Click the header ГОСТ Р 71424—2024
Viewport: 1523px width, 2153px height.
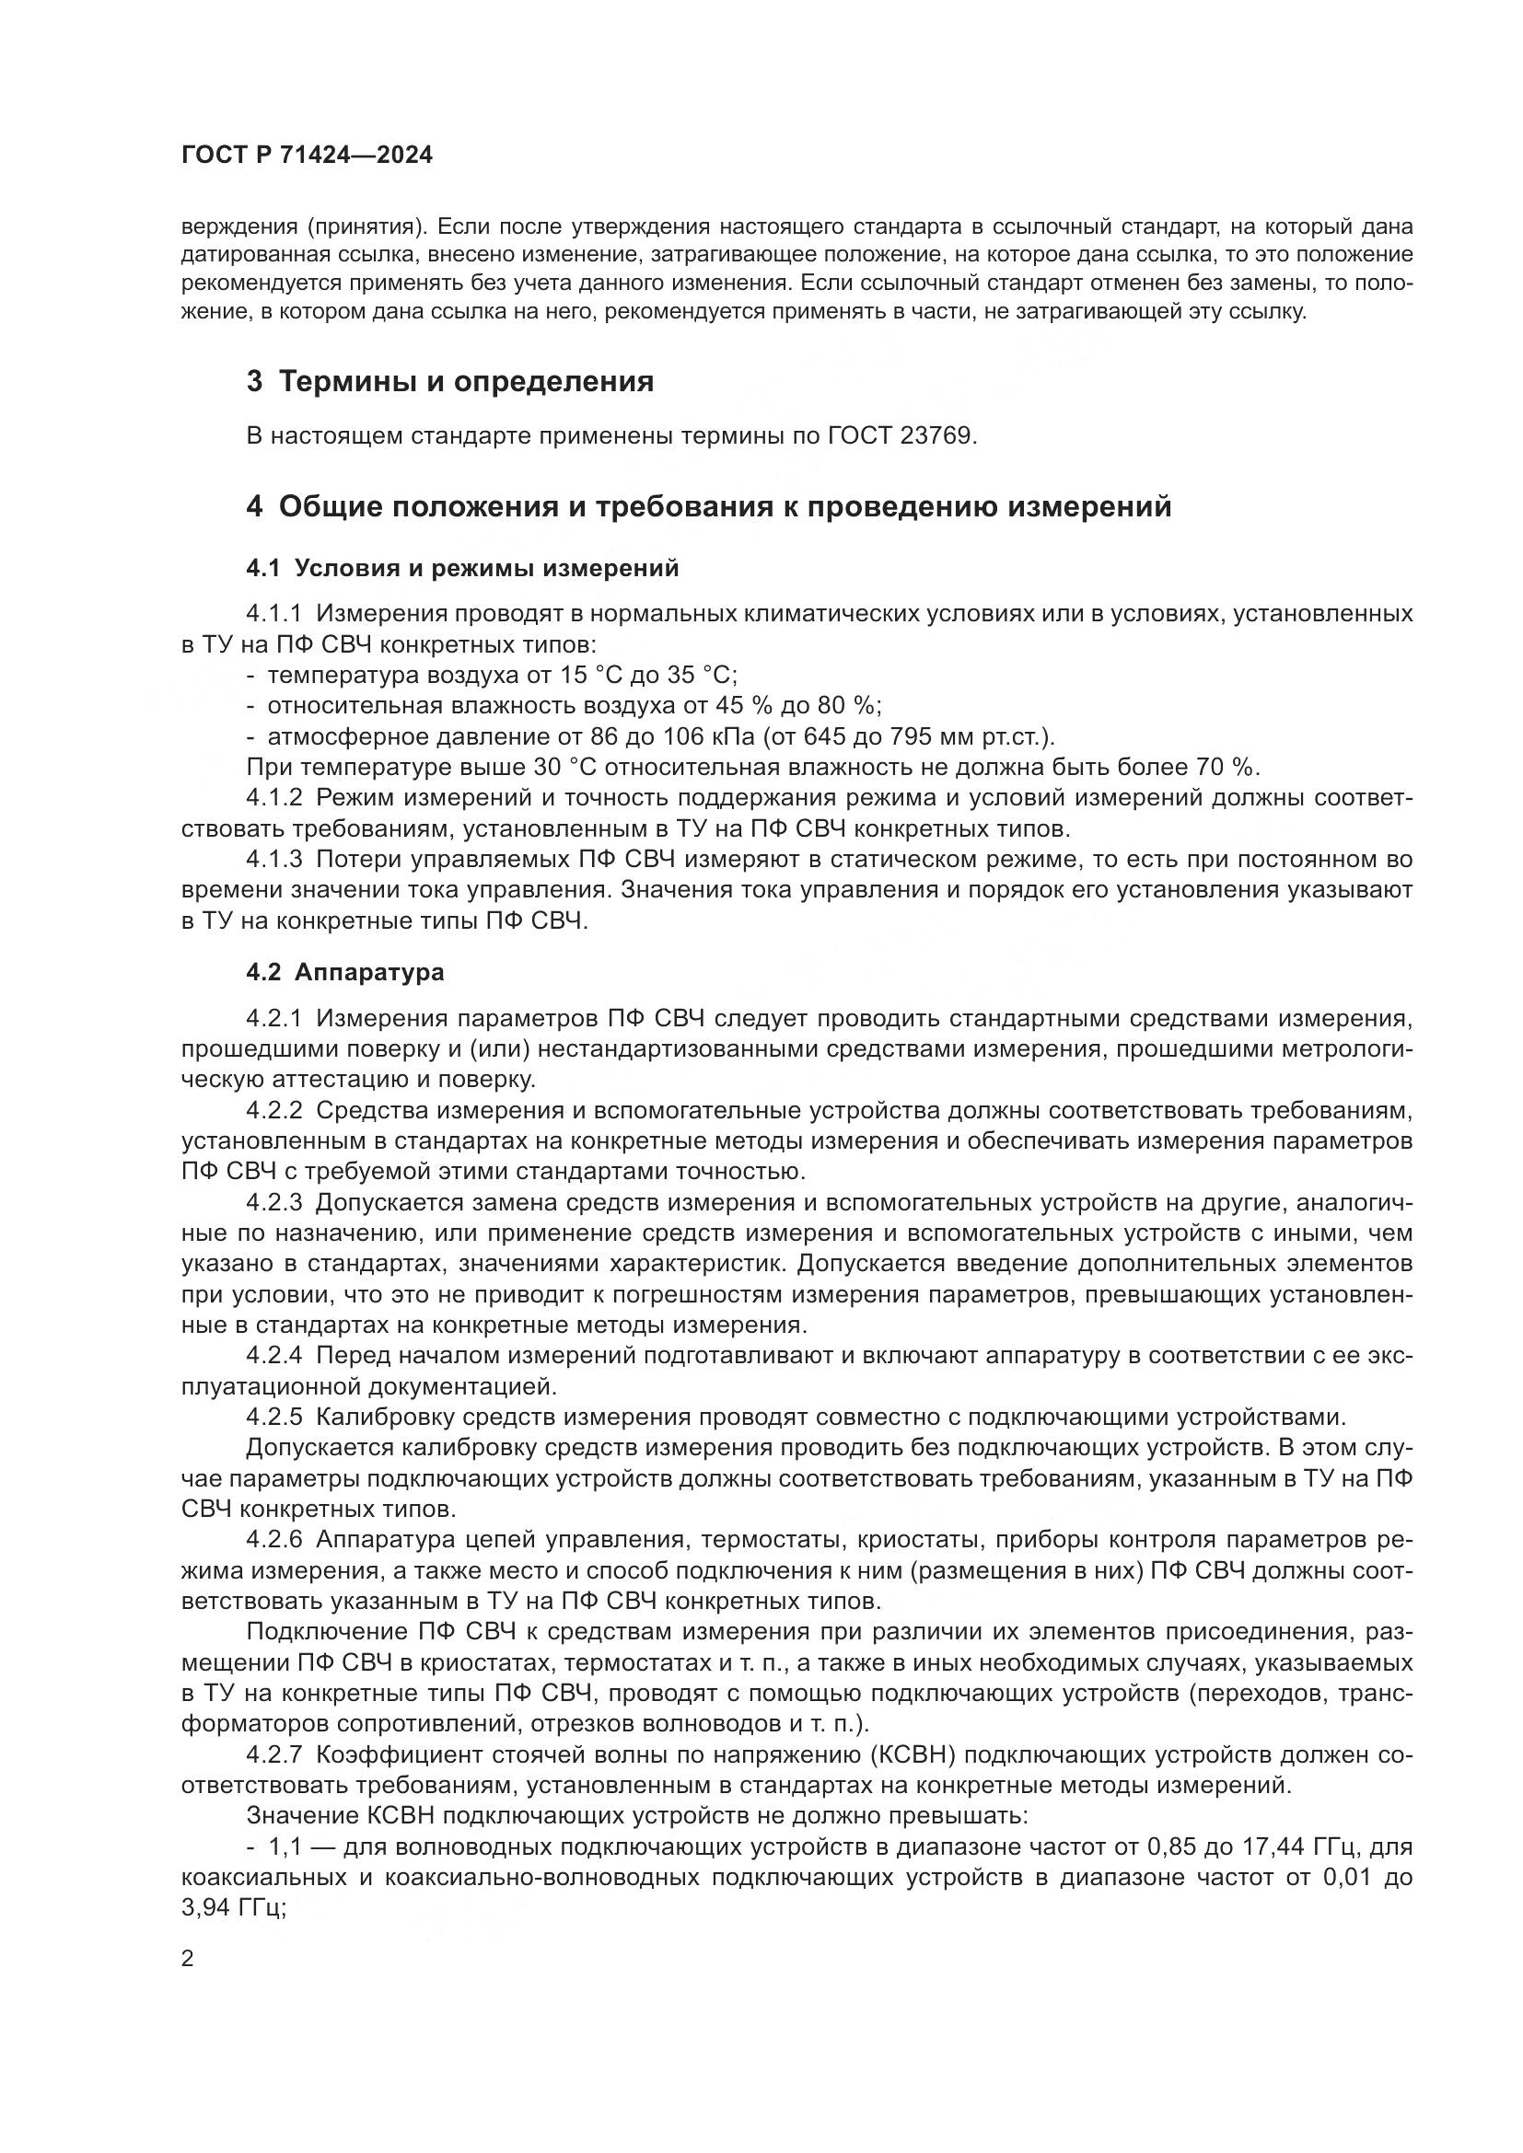point(308,156)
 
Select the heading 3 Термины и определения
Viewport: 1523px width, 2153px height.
point(450,382)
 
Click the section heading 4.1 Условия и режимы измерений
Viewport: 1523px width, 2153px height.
point(462,568)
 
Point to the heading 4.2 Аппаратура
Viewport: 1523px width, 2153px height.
point(345,972)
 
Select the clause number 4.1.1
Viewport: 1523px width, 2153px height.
point(273,614)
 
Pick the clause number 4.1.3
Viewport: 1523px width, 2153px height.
point(273,860)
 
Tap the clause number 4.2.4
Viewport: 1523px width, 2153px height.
point(273,1355)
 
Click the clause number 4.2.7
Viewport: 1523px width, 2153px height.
point(273,1754)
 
